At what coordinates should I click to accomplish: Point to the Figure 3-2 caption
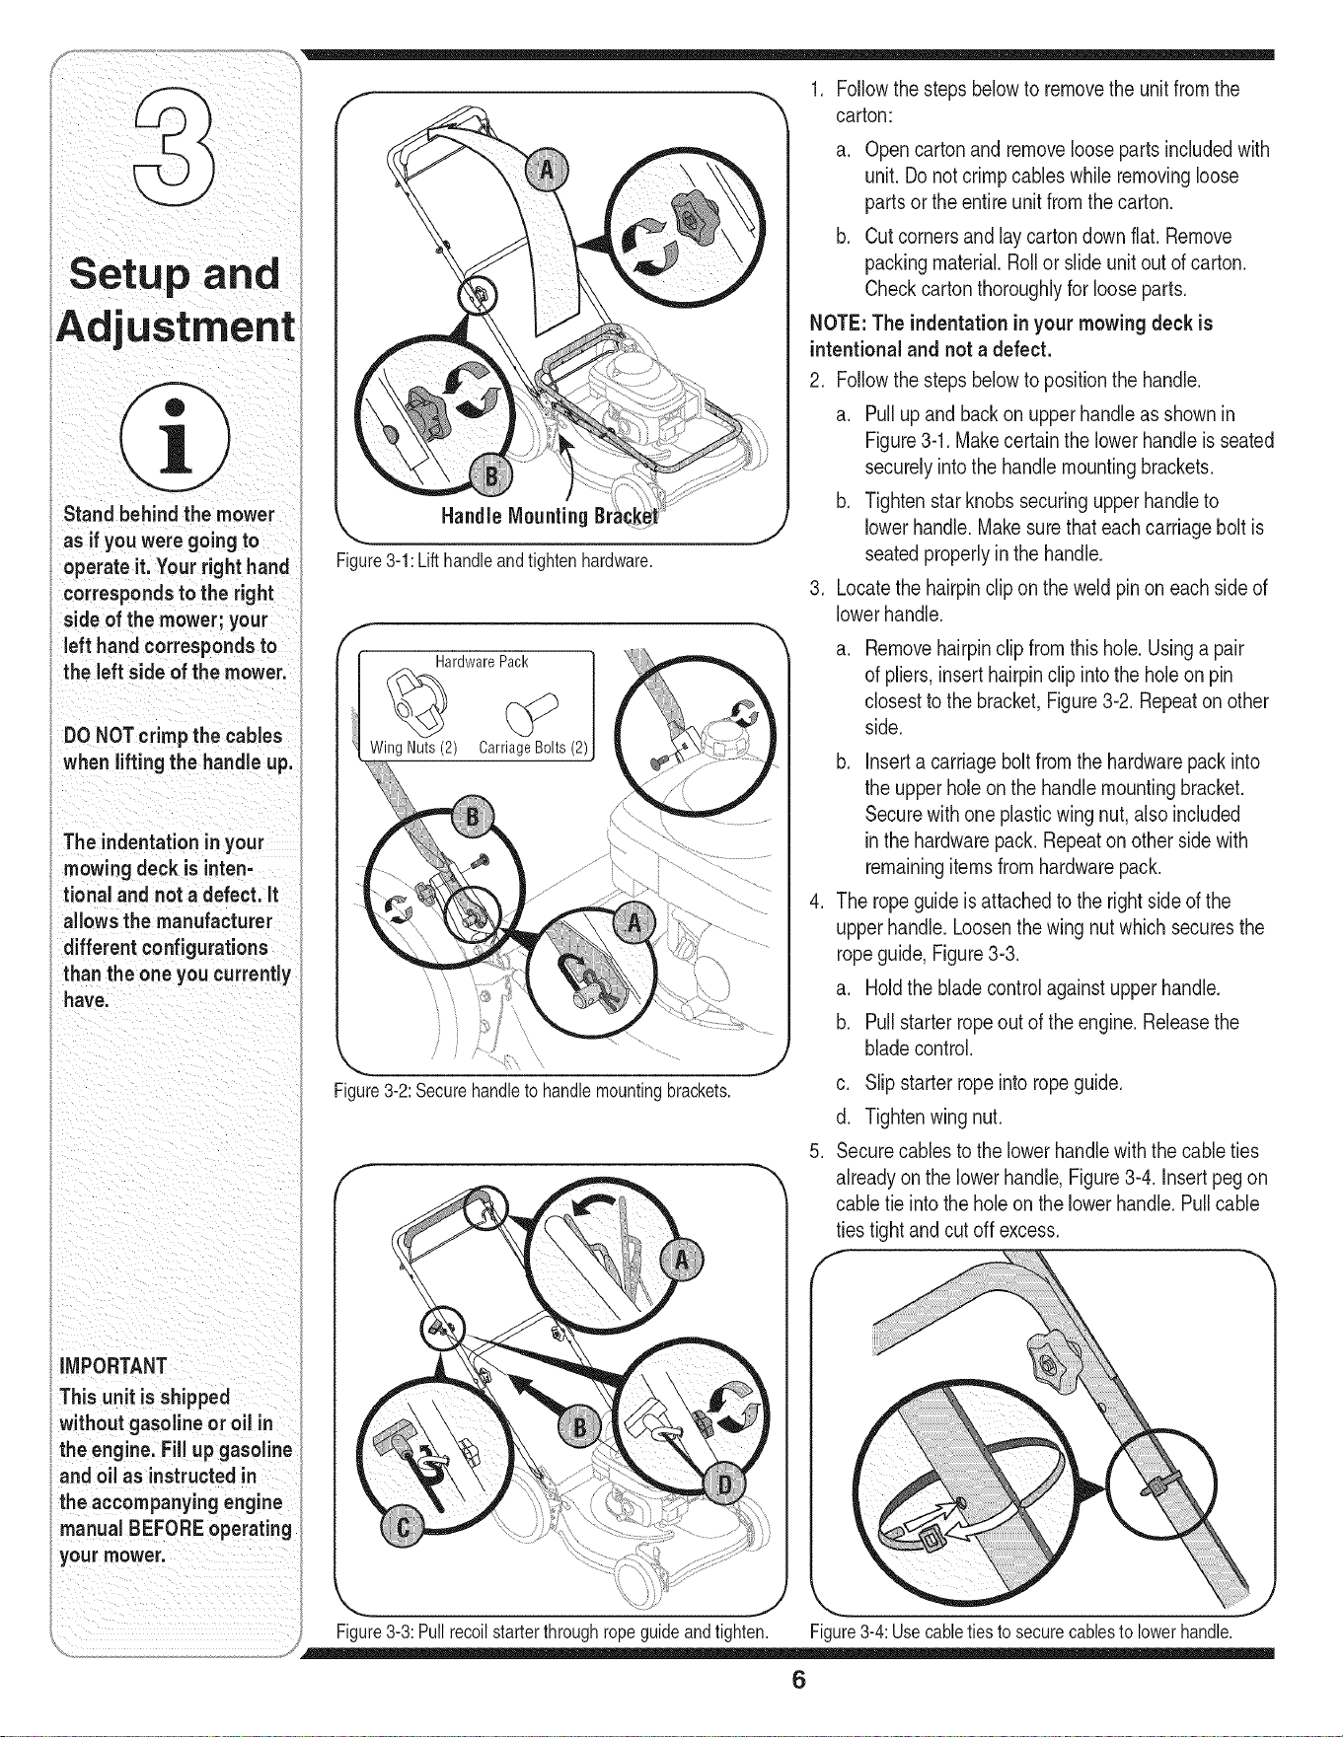click(x=533, y=1091)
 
